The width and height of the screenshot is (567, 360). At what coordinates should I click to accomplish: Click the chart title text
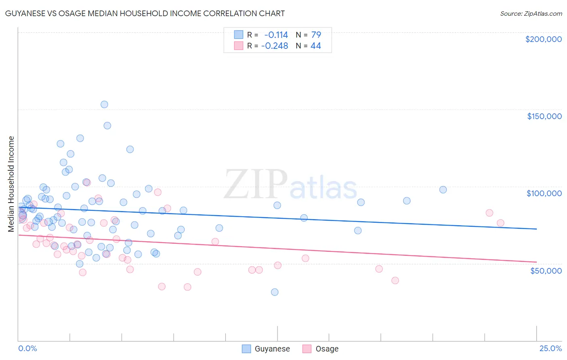pos(145,13)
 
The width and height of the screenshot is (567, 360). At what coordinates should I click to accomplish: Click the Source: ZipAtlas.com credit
pos(531,13)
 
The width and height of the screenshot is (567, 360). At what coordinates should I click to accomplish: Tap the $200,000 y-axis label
pos(543,39)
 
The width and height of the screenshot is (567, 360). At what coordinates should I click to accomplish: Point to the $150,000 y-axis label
pos(544,116)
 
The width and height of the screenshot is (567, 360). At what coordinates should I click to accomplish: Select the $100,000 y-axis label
pos(544,193)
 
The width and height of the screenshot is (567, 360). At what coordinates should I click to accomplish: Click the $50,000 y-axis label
pos(546,270)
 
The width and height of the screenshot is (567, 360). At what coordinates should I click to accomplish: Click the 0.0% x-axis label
pos(27,348)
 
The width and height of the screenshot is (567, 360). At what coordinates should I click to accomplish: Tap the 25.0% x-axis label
pos(550,348)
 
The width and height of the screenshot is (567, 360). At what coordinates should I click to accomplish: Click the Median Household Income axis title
pos(11,184)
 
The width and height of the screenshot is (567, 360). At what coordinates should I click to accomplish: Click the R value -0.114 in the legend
pos(276,35)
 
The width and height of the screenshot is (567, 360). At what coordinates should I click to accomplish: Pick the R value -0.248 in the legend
pos(275,46)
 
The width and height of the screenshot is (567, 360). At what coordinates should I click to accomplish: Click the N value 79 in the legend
pos(316,35)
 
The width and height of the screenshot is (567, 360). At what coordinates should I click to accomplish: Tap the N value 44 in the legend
pos(316,46)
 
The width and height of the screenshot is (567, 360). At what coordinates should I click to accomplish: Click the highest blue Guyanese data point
pos(104,105)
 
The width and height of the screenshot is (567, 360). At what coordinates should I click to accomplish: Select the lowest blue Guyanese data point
pos(275,292)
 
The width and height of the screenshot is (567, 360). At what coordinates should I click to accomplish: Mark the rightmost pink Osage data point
pos(500,223)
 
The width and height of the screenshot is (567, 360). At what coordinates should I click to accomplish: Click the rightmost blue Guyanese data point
pos(443,190)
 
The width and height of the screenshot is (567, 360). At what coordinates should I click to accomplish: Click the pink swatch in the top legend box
pos(239,46)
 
